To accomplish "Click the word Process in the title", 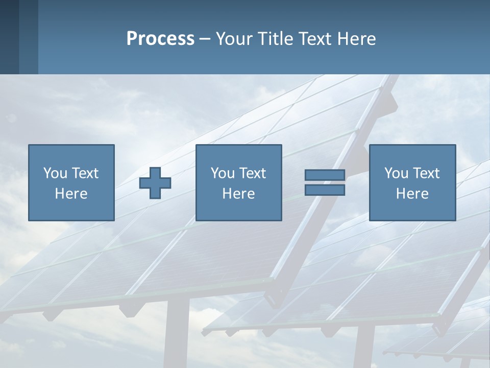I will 160,39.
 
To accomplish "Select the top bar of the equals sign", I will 325,175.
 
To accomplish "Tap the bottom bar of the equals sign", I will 325,190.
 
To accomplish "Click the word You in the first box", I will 56,173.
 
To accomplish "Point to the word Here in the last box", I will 412,194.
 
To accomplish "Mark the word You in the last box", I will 397,173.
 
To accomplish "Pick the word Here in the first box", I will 71,194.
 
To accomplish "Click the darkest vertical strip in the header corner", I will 9,37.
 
